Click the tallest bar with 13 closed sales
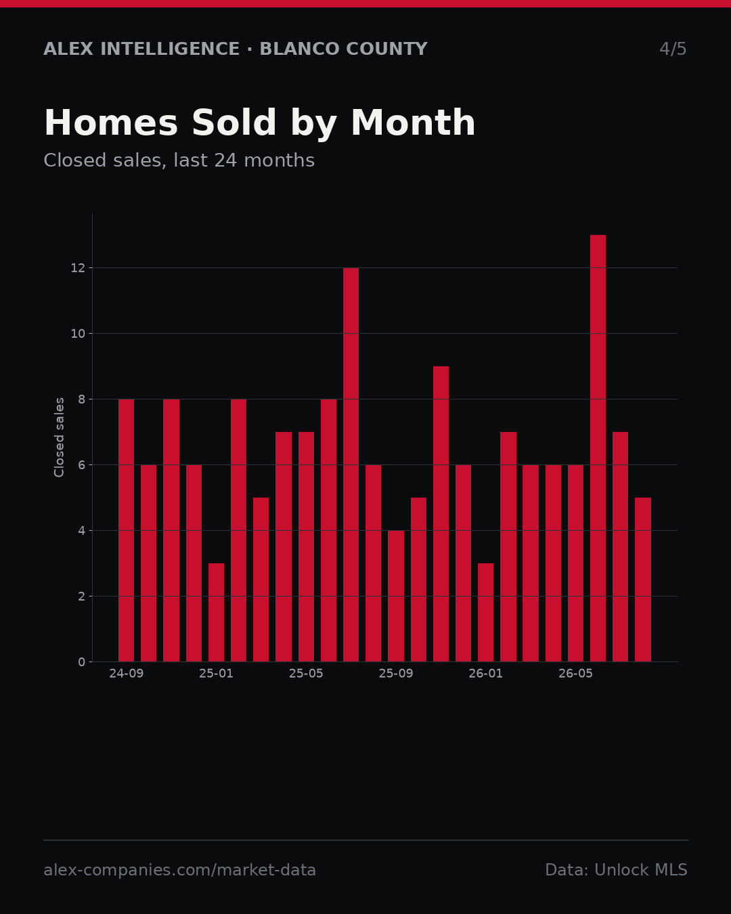[x=598, y=448]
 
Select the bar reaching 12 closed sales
[x=351, y=464]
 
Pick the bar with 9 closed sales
[x=441, y=514]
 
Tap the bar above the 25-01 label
[x=216, y=613]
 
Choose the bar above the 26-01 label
[x=485, y=613]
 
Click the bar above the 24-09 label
[x=126, y=531]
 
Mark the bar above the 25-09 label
[x=396, y=596]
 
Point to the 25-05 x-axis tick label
[x=306, y=674]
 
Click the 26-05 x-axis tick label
[x=575, y=674]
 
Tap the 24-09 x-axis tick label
[x=126, y=674]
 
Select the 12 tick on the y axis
[x=78, y=268]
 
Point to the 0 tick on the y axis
[x=82, y=662]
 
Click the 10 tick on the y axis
[x=78, y=334]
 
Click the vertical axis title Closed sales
[x=59, y=437]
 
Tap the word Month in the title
[x=413, y=123]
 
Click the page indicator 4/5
[x=673, y=49]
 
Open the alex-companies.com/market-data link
[x=179, y=870]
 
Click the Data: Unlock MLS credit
[x=617, y=870]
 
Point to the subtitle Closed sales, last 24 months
[x=179, y=160]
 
